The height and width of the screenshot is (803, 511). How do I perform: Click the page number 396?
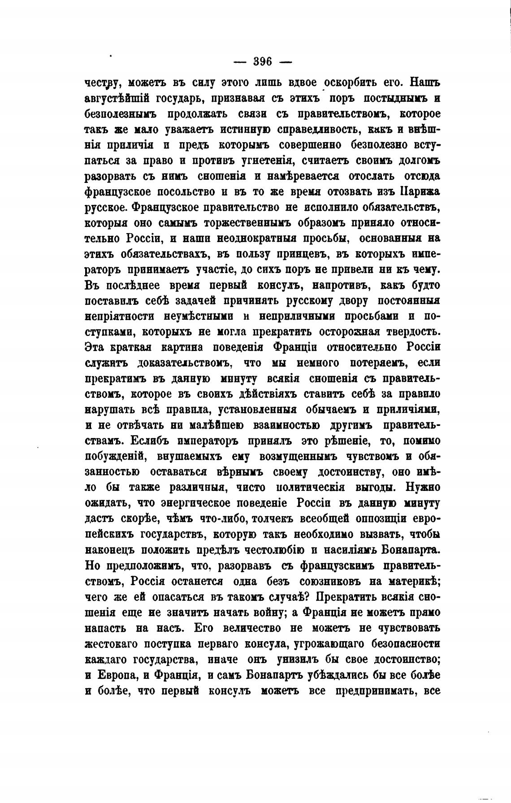point(262,61)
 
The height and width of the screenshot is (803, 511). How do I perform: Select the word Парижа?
point(419,192)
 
